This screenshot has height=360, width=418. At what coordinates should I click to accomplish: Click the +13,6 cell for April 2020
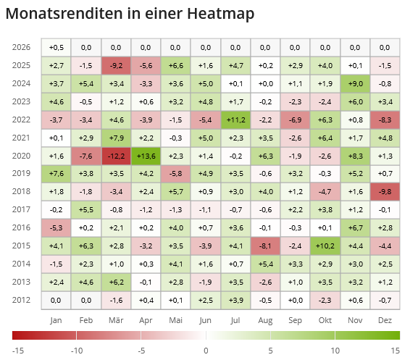pos(146,156)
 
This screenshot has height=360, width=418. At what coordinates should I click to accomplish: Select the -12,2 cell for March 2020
pos(116,156)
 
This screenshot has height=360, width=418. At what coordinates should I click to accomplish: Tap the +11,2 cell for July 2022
pos(235,120)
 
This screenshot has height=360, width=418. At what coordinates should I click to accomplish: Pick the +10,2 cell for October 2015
pos(325,246)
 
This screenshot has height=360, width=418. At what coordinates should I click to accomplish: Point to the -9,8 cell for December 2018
pos(385,191)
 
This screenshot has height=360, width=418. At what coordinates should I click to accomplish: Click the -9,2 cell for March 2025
pos(116,65)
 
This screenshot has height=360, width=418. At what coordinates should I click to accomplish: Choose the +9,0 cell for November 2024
pos(355,83)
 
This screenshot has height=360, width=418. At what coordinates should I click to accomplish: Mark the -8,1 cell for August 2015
pos(265,246)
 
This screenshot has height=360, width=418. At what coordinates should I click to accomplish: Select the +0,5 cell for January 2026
pos(56,47)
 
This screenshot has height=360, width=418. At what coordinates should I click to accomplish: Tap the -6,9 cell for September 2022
pos(295,120)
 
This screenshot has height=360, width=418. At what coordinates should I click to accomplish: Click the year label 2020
pos(22,156)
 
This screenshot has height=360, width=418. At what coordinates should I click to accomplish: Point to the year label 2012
pos(22,299)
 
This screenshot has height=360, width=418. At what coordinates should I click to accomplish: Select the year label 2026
pos(22,47)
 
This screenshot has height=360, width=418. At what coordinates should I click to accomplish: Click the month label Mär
pos(116,319)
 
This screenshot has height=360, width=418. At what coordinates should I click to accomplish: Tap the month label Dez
pos(385,319)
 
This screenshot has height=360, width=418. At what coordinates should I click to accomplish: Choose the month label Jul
pos(235,319)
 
